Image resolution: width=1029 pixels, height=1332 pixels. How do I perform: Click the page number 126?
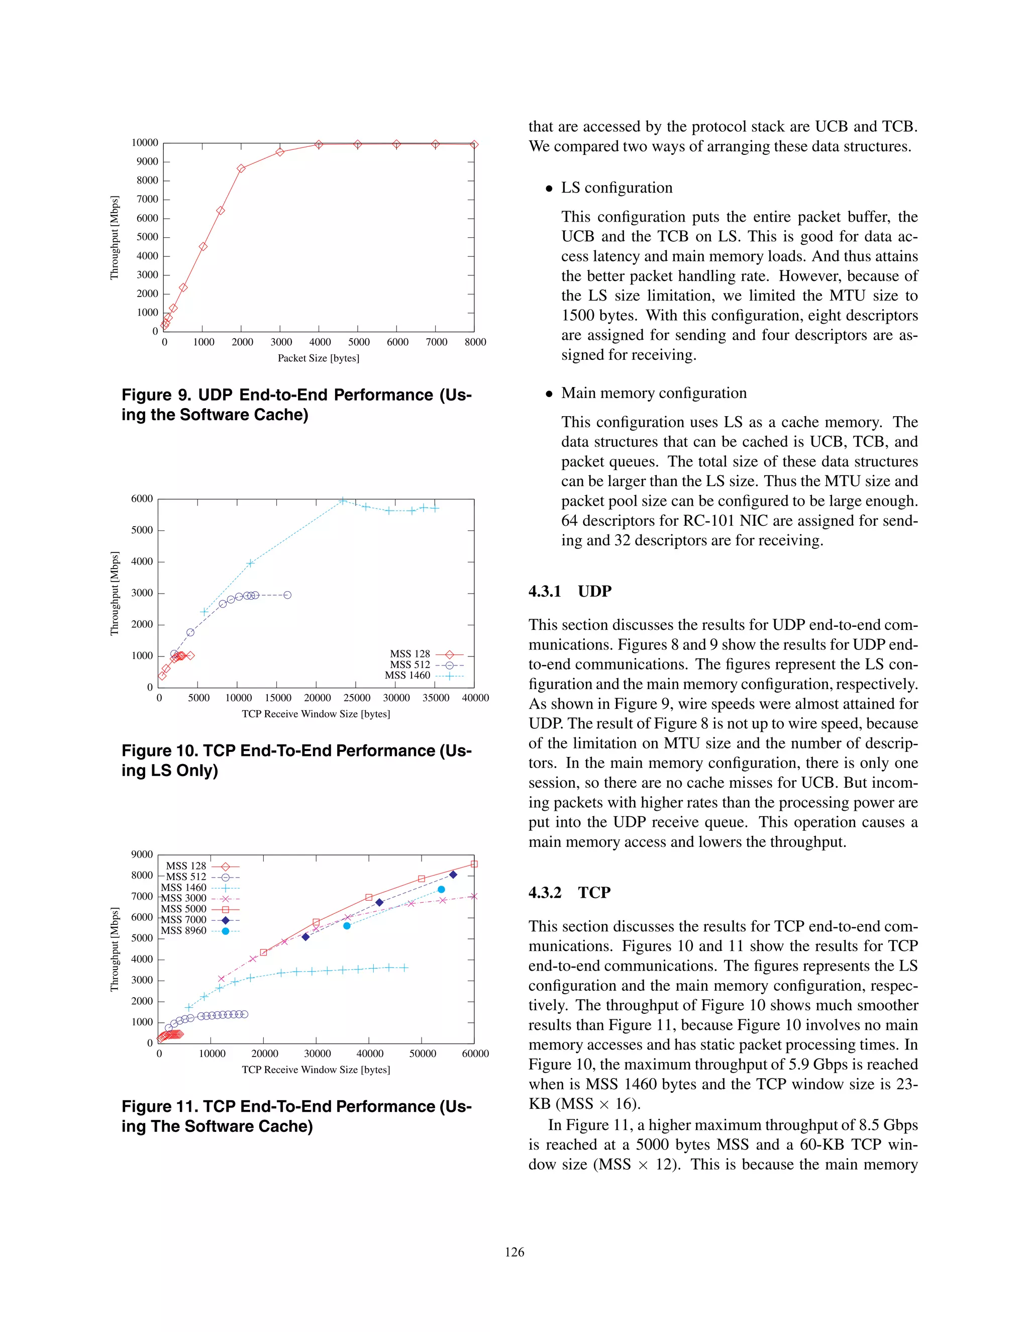click(514, 1252)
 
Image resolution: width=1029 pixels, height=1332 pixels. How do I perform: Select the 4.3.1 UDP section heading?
click(569, 591)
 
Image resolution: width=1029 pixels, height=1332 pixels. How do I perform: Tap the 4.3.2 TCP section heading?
click(569, 892)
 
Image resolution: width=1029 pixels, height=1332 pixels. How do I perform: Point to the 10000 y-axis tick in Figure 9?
click(145, 143)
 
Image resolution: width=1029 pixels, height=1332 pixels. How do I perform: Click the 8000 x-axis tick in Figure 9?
click(475, 342)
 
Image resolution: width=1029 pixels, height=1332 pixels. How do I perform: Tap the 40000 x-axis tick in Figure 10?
click(475, 698)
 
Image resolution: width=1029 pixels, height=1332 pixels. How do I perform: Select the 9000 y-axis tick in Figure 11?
click(142, 854)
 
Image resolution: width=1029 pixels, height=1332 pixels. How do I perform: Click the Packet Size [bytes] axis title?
click(318, 358)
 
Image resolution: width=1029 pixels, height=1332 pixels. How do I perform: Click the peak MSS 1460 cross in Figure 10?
click(343, 501)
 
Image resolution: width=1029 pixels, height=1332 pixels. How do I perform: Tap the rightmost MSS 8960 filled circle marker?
click(441, 889)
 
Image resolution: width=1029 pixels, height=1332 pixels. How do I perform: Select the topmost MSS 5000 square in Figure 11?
click(474, 864)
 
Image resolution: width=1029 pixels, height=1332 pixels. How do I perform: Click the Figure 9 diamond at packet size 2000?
click(241, 168)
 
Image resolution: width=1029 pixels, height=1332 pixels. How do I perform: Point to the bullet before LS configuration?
click(549, 188)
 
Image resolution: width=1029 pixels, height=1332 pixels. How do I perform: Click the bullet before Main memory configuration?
click(549, 394)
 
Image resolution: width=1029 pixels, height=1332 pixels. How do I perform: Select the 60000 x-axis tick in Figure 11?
click(475, 1053)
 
